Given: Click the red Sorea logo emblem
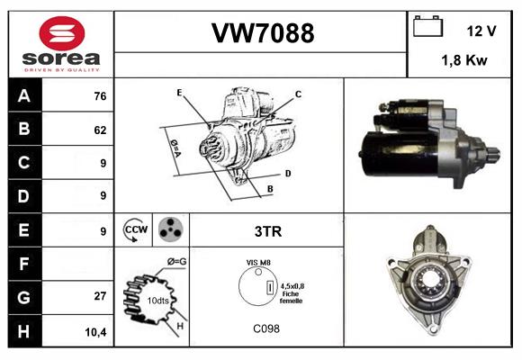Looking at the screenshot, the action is coord(62,33).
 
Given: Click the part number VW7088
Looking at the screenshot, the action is coord(263,33).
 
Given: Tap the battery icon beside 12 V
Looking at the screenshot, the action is coord(427,26).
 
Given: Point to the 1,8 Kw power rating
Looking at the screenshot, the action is coord(464,60).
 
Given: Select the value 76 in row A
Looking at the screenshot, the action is coord(100,96).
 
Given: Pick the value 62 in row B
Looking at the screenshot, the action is coord(100,130).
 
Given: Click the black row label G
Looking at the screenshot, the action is coord(25,297).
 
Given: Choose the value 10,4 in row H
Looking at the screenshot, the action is coord(95,332).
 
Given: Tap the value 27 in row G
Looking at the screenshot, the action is coord(100,296).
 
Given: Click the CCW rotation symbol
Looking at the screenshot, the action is coord(136,229).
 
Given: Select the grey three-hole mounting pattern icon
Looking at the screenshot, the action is coord(171,229).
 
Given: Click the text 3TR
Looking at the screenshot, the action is coord(268,231).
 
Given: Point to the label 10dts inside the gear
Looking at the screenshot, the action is coord(157,301).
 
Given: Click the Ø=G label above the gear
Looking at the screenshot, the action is coord(176,262).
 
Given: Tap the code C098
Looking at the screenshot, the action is coord(266,328).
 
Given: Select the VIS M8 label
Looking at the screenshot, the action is coord(258,263).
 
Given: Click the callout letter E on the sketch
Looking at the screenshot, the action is coord(179,93).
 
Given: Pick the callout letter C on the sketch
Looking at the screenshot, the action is coord(298,94).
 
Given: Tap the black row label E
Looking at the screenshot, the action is coord(25,230).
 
